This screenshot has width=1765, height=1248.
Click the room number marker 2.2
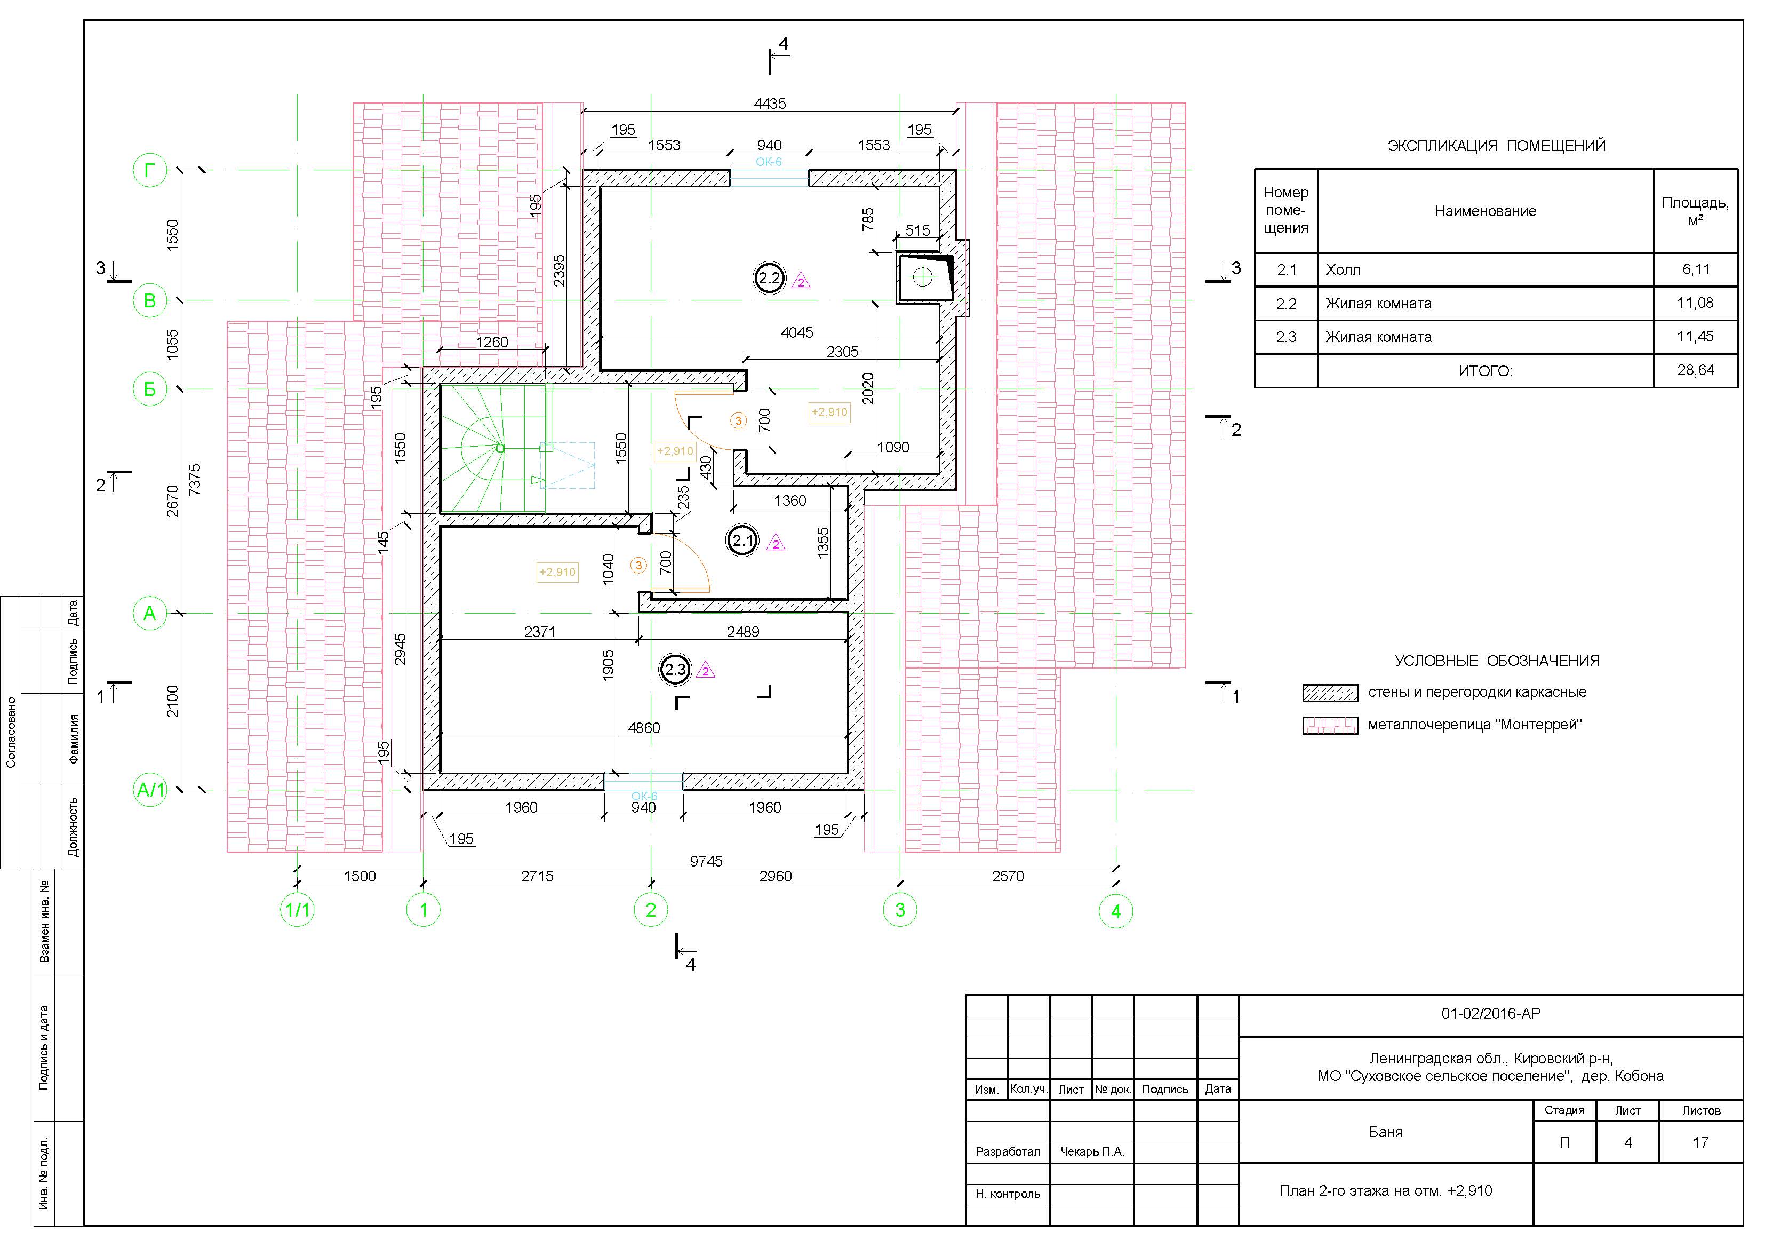coord(770,279)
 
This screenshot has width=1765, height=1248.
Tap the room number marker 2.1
coord(742,540)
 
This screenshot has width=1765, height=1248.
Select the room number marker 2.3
coord(676,670)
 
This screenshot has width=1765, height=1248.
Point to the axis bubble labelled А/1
coord(150,790)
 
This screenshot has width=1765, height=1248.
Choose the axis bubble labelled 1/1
coord(298,910)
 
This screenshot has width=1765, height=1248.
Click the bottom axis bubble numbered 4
coord(1116,911)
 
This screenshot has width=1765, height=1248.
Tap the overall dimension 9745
coord(706,861)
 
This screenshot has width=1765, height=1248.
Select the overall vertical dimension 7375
coord(195,479)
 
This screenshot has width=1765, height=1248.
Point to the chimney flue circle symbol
coord(922,277)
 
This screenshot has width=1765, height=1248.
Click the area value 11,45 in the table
coord(1695,337)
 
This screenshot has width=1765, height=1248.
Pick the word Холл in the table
coord(1343,270)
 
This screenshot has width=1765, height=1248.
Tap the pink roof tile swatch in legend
coord(1330,725)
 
